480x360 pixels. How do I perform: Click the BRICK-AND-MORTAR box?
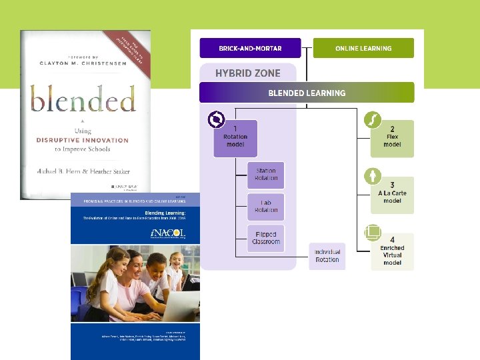[250, 48]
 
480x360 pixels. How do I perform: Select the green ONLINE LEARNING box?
[363, 48]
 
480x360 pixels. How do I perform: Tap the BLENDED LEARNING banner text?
[307, 93]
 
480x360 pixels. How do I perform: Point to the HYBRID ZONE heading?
[248, 73]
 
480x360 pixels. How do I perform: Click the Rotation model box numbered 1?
[235, 139]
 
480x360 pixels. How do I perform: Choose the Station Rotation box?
[266, 175]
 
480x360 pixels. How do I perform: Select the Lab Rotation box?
[266, 207]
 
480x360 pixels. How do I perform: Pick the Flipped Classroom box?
[266, 239]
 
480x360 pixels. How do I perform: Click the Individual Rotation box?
[327, 256]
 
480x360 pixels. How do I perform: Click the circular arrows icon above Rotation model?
[217, 120]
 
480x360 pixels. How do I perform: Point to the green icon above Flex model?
[372, 121]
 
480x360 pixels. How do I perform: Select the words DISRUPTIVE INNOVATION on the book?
[82, 141]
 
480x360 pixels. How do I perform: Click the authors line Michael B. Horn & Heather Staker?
[83, 171]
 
